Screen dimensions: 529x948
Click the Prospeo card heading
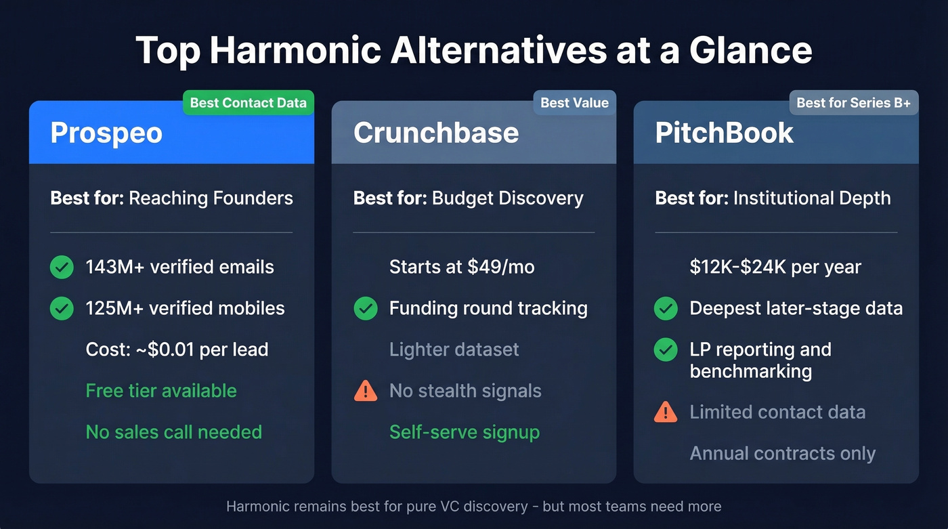106,133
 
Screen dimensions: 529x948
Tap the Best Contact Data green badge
248,103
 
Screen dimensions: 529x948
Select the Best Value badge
574,103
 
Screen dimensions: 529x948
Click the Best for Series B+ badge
853,103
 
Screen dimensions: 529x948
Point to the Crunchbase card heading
435,133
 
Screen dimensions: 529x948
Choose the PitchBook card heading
724,133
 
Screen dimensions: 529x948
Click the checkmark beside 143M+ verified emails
62,267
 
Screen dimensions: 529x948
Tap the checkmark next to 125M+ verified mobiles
62,308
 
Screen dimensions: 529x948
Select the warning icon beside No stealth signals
366,391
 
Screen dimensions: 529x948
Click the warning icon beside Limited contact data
666,412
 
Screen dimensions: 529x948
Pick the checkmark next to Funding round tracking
366,308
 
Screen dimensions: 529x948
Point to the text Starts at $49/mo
461,267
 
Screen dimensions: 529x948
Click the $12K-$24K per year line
775,267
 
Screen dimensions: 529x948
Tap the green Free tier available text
161,391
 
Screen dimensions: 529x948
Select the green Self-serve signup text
464,432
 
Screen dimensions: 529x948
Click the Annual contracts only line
782,453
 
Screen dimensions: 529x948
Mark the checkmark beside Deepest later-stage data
666,308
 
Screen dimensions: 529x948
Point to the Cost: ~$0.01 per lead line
177,350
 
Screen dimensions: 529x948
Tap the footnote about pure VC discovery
473,507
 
